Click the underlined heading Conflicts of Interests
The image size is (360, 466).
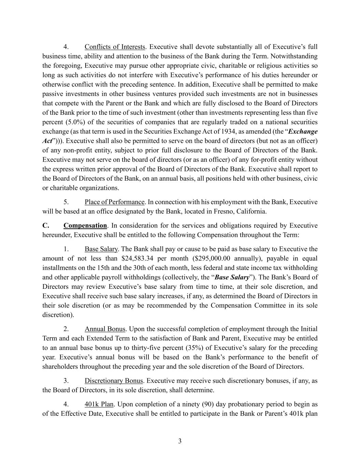coord(115,47)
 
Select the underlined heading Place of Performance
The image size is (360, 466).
coord(115,202)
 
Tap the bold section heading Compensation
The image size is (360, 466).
coord(85,226)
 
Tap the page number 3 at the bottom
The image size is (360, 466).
coord(180,441)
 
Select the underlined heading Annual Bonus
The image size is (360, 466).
coord(105,329)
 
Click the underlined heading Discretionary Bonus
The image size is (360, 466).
coord(114,381)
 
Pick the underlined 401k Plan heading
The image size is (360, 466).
coord(99,405)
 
